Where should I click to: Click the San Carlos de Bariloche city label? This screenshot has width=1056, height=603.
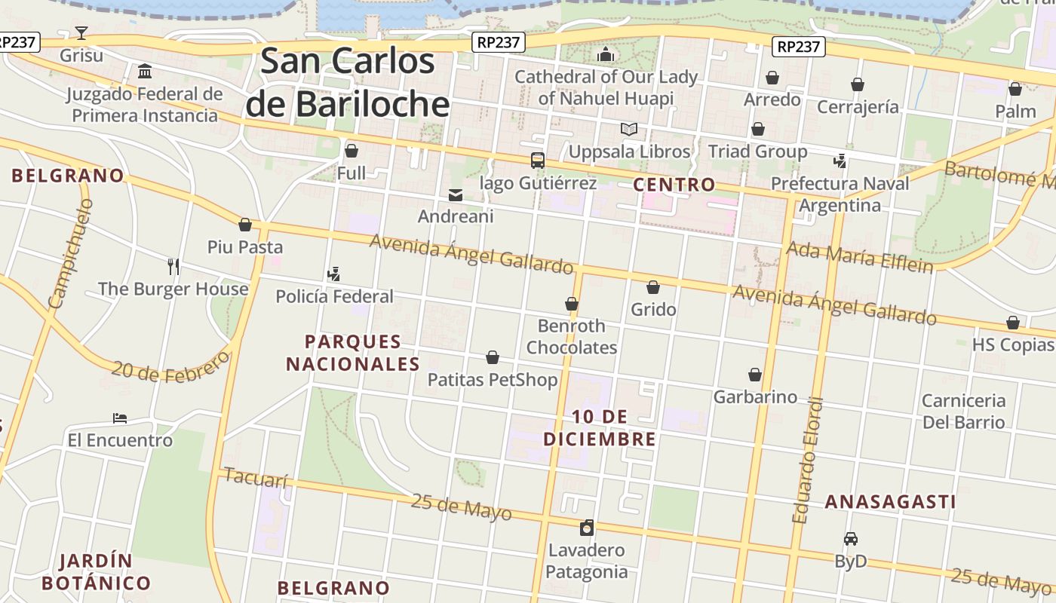coord(348,82)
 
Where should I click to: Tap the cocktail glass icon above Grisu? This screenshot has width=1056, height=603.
coord(81,32)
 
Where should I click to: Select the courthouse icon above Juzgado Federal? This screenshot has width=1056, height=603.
coord(145,72)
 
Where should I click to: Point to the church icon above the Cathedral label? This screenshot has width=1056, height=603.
coord(605,54)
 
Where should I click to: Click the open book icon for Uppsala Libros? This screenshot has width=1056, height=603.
coord(629,129)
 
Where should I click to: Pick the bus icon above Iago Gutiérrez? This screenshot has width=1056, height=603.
coord(538,160)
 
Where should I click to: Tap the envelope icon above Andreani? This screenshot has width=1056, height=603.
coord(456,195)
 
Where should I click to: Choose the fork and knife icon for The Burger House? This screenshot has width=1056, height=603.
coord(173,266)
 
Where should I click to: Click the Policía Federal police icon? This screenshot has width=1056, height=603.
coord(334,274)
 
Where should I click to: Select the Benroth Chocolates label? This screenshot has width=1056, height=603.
coord(571,336)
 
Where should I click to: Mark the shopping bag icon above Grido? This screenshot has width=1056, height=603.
coord(653,287)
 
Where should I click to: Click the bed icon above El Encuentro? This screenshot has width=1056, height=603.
coord(120,418)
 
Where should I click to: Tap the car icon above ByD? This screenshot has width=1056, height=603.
coord(851,539)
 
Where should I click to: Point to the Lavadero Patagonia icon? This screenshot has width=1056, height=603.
coord(587,528)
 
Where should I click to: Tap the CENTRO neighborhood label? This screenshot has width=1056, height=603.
coord(674,184)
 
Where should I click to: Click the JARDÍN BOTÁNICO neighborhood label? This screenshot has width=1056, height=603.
coord(96,572)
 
